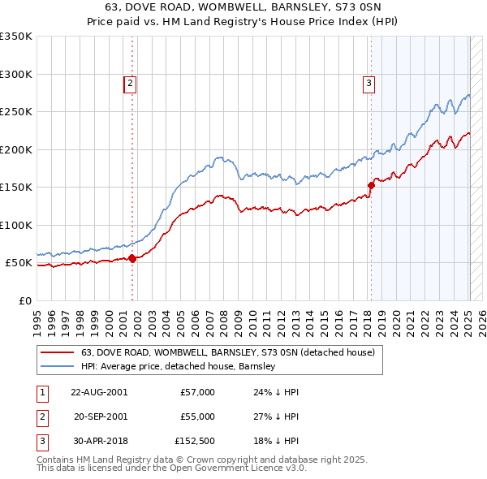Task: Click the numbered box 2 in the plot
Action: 130,82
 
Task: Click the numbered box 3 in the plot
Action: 368,82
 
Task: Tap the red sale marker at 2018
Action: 371,185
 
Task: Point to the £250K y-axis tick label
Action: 16,112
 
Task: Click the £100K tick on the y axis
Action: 16,225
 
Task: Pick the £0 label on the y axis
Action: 24,300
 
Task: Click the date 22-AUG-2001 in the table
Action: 99,392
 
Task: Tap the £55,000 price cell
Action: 197,416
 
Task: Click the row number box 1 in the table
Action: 41,392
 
